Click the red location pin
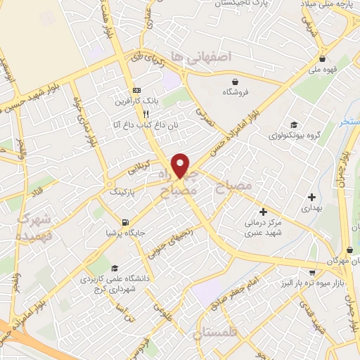pos(181,165)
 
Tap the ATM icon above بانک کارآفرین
pos(137,90)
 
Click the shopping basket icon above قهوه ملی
pos(322,59)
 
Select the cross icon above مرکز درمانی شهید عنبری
pos(263,211)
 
